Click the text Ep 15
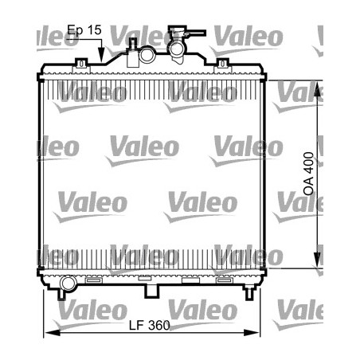coord(84,30)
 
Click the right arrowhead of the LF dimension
coord(260,333)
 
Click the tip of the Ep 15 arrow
coord(101,61)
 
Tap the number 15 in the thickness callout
coord(95,30)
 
